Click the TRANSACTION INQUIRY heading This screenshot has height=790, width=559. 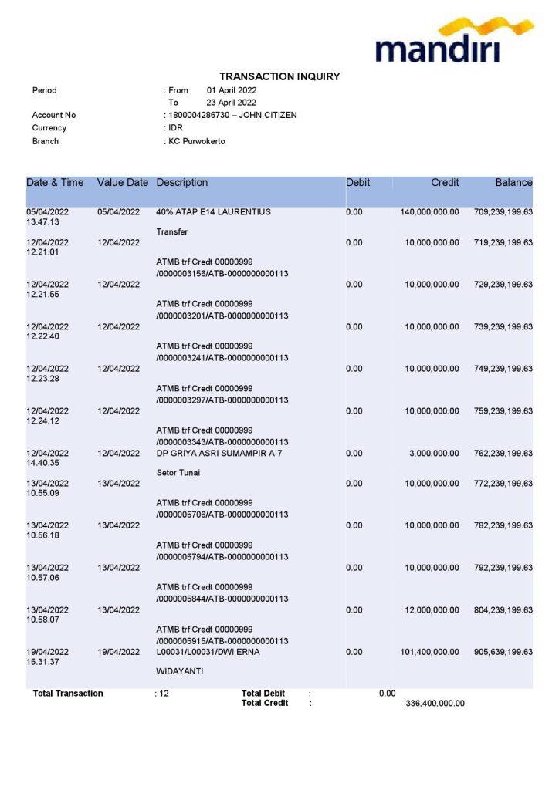click(x=279, y=76)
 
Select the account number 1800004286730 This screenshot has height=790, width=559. click(x=198, y=115)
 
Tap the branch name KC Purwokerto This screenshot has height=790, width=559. click(x=197, y=141)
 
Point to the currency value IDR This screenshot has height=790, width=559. click(x=175, y=128)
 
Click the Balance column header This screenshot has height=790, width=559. click(x=513, y=183)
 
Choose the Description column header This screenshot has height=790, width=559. click(x=181, y=183)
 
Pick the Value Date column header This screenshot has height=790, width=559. click(x=122, y=183)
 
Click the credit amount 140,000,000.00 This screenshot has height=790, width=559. click(x=429, y=212)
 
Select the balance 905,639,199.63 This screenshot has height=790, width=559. click(x=503, y=652)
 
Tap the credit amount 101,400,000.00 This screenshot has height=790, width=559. click(x=429, y=652)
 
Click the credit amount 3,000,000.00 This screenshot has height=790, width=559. click(x=434, y=454)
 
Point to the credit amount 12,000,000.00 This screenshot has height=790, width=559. click(x=432, y=610)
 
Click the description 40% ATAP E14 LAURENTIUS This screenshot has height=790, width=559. click(x=213, y=212)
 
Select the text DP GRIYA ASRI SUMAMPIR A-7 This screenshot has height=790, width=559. click(x=219, y=454)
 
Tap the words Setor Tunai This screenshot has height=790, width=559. click(x=178, y=473)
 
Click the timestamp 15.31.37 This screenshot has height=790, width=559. click(x=43, y=663)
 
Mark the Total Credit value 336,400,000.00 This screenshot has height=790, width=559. click(x=435, y=704)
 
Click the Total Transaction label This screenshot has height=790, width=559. click(x=68, y=694)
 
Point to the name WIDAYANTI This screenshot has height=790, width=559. click(x=179, y=672)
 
